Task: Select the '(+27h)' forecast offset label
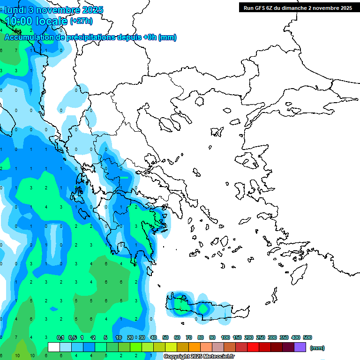tap(81, 21)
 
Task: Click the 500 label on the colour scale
tap(307, 337)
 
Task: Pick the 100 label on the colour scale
tap(225, 337)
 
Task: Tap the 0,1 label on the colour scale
tap(60, 337)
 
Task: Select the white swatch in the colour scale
tap(54, 347)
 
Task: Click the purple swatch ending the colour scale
tap(300, 347)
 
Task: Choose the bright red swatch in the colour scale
tap(253, 347)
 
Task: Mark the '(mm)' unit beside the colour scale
tap(317, 348)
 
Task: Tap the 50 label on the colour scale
tap(165, 337)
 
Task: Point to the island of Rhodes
tap(298, 274)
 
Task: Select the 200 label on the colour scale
tap(249, 337)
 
